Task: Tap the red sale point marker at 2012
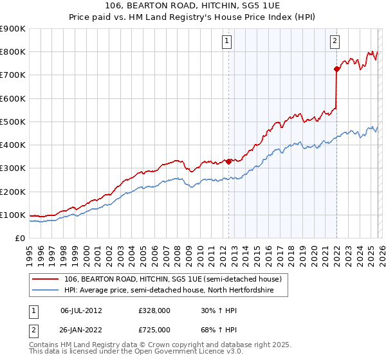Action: (228, 161)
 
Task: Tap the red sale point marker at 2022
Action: (336, 69)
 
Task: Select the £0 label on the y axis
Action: (19, 238)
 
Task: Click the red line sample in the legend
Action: (46, 280)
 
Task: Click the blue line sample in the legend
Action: (46, 291)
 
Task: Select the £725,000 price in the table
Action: (154, 329)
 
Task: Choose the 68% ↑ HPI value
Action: (219, 329)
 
